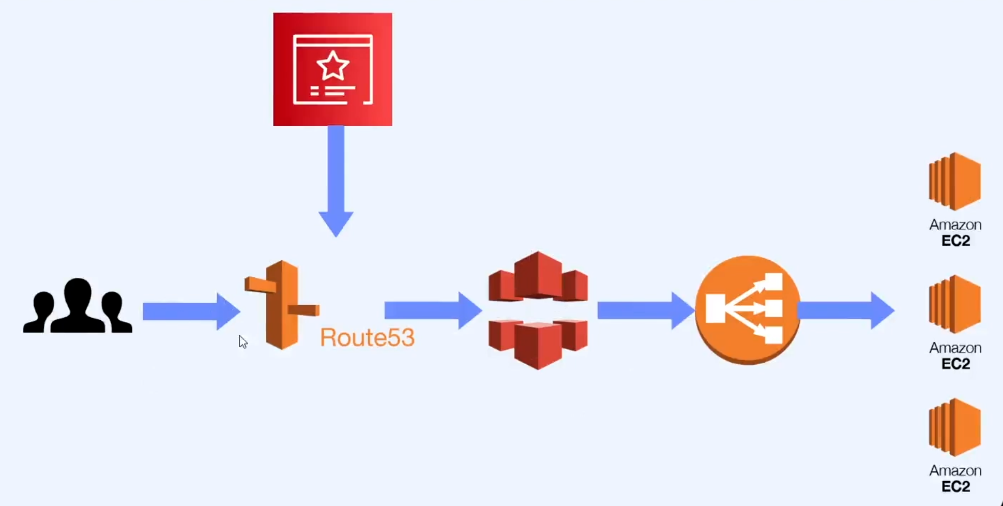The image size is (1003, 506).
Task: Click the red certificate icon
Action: coord(332,69)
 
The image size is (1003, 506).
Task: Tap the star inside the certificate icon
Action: coord(332,66)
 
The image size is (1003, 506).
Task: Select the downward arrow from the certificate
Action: coord(336,181)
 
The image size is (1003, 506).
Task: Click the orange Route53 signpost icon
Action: coord(282,305)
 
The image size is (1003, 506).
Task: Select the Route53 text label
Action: coord(367,337)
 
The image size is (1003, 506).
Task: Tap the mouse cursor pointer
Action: coord(242,341)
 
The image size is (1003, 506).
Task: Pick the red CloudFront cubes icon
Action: coord(538,310)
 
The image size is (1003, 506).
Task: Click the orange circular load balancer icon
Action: coord(748,309)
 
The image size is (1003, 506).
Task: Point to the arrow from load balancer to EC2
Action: coord(846,310)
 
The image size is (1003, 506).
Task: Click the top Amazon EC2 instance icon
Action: coord(954,181)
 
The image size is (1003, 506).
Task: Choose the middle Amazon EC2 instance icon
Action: coord(954,304)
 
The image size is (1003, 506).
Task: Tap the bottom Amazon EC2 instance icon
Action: coord(954,427)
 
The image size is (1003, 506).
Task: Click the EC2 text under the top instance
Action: coord(955,241)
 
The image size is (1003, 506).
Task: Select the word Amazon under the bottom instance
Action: coord(955,470)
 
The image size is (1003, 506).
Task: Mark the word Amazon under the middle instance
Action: coord(955,348)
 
